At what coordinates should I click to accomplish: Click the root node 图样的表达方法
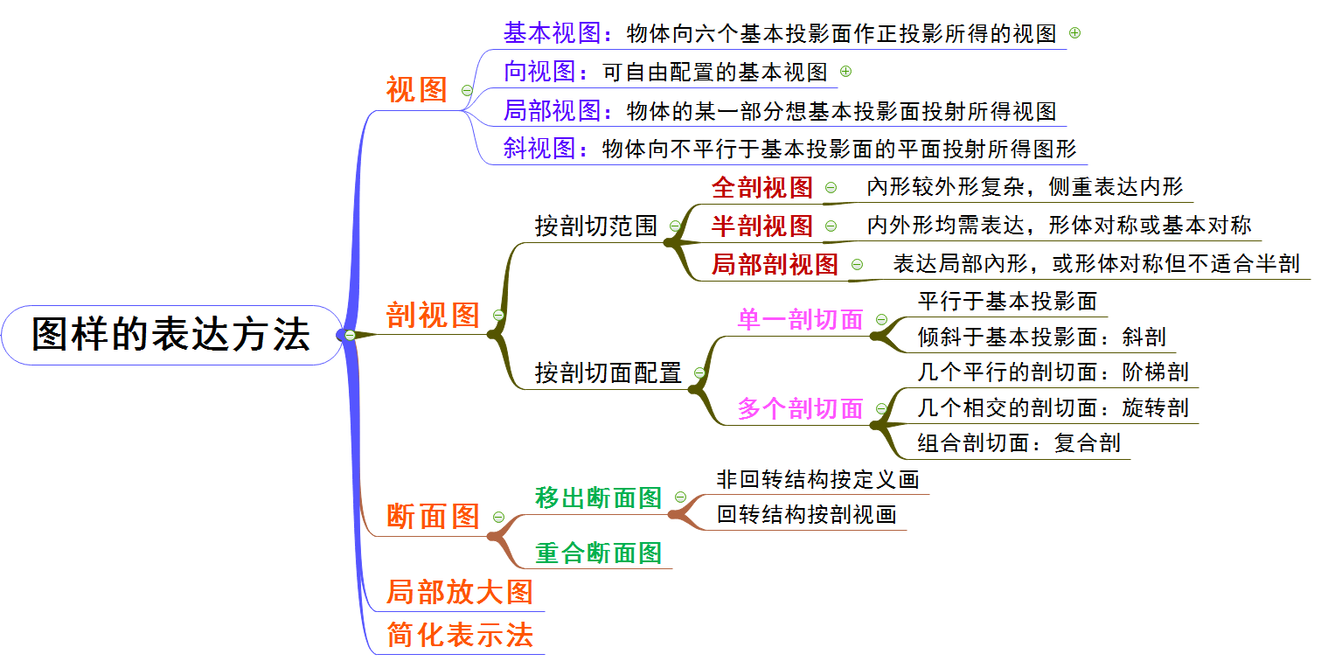click(170, 334)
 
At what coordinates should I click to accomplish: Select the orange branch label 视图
click(416, 90)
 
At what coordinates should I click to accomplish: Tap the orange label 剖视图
click(434, 315)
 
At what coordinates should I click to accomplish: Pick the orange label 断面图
click(434, 516)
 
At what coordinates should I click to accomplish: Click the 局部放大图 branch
click(460, 592)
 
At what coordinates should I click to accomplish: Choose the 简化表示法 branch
click(460, 635)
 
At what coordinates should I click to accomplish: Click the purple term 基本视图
click(552, 33)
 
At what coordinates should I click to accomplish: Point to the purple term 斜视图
click(539, 148)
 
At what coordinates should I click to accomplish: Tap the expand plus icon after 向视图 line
click(845, 72)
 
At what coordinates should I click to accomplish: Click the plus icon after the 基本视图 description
click(1075, 33)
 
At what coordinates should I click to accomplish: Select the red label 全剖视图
click(762, 187)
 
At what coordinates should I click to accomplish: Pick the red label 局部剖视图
click(775, 264)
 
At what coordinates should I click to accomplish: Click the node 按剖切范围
click(596, 226)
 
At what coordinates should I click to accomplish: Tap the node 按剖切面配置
click(608, 373)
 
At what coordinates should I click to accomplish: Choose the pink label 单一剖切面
click(801, 320)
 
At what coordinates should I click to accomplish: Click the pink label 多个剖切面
click(801, 408)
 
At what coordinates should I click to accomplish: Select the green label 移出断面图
click(599, 498)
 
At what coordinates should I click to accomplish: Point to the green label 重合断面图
click(599, 553)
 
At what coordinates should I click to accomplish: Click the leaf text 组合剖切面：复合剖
click(1019, 442)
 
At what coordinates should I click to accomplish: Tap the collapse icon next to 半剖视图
click(831, 226)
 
